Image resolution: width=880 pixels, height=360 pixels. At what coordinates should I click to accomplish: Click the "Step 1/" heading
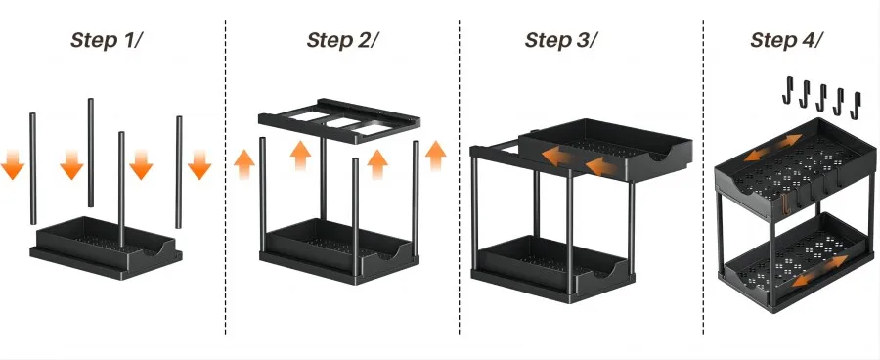coord(109,41)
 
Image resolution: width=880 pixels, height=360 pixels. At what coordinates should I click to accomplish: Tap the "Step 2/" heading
coord(342,41)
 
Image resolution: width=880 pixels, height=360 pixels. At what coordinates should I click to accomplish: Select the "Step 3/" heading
coord(561,41)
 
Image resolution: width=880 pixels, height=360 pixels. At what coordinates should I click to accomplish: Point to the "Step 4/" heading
coord(787,41)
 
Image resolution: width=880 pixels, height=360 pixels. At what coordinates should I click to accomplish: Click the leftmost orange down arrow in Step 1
coord(13,163)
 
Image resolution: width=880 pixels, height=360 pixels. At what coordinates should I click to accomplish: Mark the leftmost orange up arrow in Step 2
coord(242,162)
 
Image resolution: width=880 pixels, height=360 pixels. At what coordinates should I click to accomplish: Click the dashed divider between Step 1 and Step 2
coord(227,176)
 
